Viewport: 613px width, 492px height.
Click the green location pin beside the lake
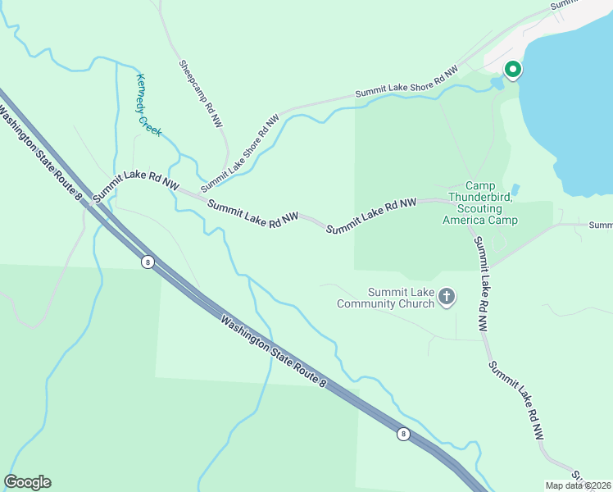pos(513,71)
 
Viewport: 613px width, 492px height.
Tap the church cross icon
pos(447,297)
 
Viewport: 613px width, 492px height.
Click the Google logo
pos(27,482)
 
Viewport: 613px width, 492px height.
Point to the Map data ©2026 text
pos(579,485)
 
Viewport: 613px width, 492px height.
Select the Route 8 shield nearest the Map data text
pos(403,434)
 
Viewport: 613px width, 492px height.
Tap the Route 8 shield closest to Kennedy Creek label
pos(148,262)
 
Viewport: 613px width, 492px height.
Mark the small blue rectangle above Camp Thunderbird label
pos(515,189)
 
